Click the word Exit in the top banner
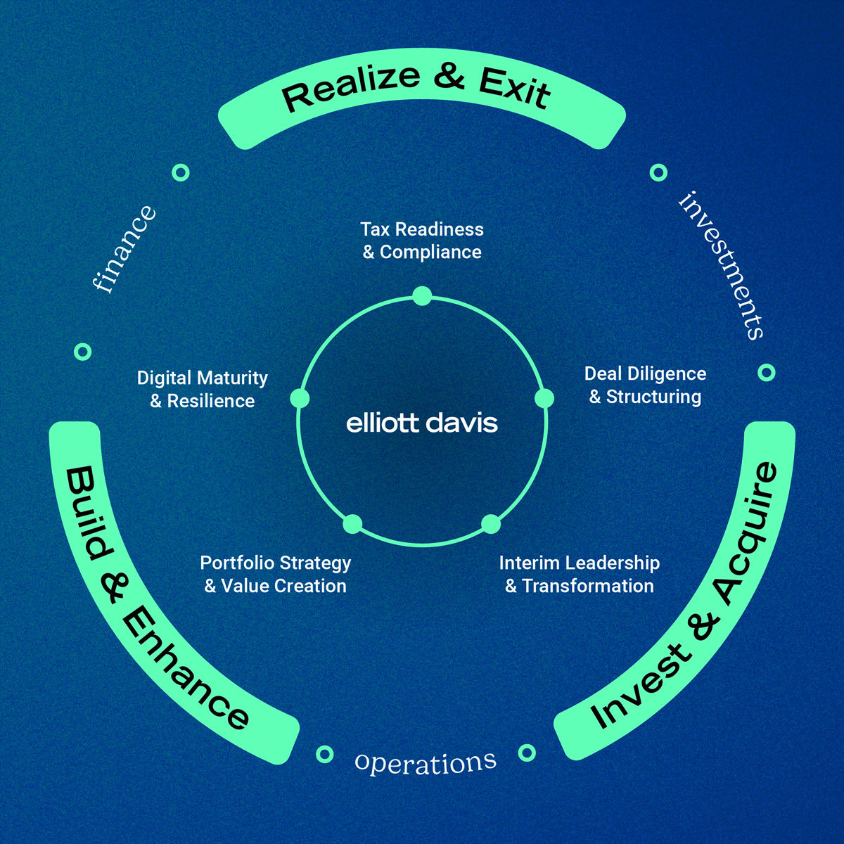(514, 87)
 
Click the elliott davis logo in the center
(422, 423)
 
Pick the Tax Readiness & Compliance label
(422, 241)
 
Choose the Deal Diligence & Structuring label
(645, 385)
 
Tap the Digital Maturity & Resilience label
(203, 390)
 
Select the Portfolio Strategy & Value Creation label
(276, 575)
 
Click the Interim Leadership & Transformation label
(580, 575)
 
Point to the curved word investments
(722, 264)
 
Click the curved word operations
(426, 762)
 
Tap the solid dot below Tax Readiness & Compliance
(422, 296)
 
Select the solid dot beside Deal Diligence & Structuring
(544, 399)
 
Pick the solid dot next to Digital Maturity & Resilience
(300, 399)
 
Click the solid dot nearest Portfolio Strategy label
(352, 524)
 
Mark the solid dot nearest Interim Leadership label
(491, 524)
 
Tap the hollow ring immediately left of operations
(324, 755)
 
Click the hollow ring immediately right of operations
(527, 753)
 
